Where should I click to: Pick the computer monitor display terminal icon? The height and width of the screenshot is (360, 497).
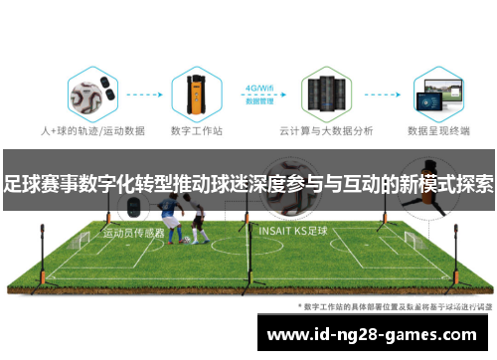click(438, 95)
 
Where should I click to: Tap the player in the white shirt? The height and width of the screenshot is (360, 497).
click(198, 220)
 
